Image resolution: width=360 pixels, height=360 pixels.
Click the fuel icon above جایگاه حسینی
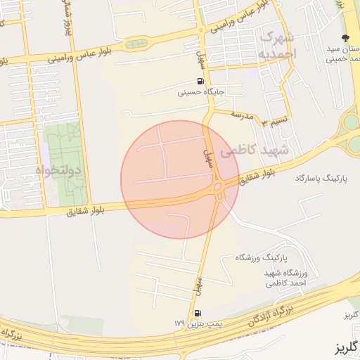202,82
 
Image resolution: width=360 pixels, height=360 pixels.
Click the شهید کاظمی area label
254,150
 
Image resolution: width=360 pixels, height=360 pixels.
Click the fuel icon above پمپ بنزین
197,313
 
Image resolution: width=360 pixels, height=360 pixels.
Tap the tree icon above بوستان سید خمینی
345,39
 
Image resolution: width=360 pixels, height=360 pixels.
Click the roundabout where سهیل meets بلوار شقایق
219,188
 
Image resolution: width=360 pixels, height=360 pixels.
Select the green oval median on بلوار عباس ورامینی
136,44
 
